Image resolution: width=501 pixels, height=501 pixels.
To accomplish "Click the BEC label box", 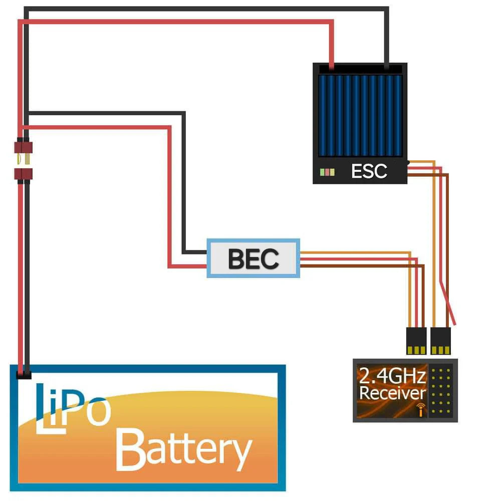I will coord(254,259).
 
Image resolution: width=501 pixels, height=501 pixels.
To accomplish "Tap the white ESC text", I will coord(369,171).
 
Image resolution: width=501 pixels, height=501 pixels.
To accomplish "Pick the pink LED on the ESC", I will coord(328,172).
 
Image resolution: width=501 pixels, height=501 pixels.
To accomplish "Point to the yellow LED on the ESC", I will coord(332,172).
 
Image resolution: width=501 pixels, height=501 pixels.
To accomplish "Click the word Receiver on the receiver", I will coord(392,393).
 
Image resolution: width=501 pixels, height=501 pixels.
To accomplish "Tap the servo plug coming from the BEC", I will coord(416,340).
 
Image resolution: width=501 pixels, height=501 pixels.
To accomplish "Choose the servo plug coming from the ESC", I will coord(440,340).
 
